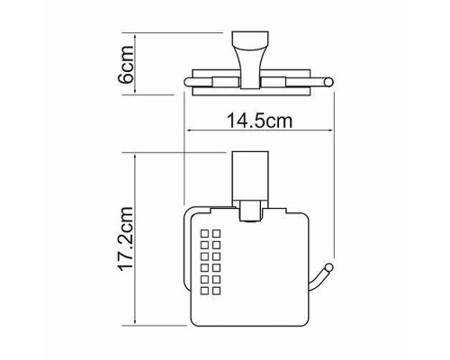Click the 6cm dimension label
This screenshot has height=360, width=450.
(x=126, y=65)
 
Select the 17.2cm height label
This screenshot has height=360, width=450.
(x=126, y=239)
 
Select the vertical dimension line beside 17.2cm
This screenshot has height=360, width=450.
(x=136, y=241)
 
